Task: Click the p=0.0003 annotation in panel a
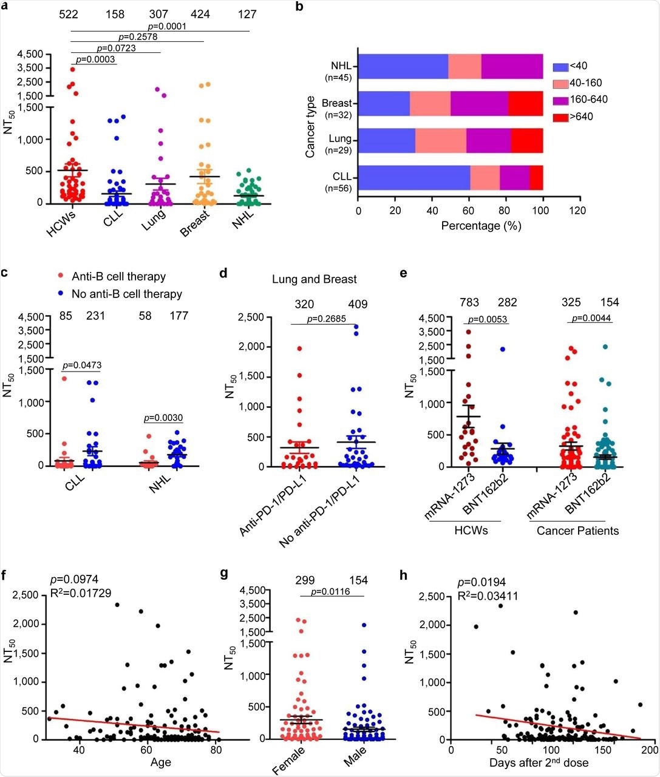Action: click(95, 60)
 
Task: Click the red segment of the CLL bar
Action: click(536, 178)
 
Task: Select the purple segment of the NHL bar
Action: click(512, 66)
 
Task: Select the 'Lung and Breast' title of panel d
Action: click(314, 280)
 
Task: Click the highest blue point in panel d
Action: click(356, 327)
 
